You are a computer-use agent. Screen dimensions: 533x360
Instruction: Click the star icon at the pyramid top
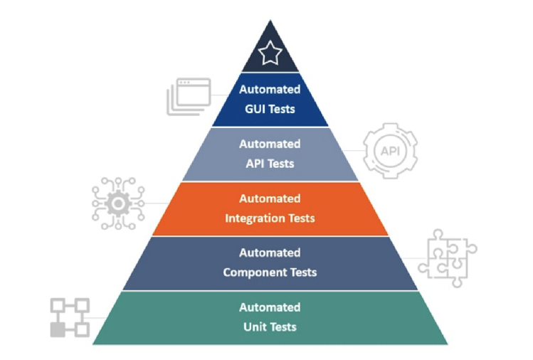(x=270, y=53)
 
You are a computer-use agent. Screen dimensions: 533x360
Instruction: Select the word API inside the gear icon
(x=390, y=151)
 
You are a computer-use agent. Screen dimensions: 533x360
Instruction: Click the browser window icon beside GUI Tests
(x=189, y=97)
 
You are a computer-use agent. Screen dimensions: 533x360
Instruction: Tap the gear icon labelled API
(x=390, y=151)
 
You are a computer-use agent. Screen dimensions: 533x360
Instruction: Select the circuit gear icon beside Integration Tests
(x=118, y=203)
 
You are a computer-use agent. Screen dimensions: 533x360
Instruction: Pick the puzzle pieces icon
(x=448, y=258)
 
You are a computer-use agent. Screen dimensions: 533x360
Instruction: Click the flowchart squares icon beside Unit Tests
(x=70, y=317)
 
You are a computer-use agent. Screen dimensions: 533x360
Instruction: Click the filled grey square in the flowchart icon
(x=58, y=329)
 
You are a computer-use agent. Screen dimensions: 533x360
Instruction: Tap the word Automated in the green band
(x=270, y=307)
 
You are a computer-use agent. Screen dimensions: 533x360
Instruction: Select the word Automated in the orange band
(x=270, y=198)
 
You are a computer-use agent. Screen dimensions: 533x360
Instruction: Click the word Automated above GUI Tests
(x=270, y=90)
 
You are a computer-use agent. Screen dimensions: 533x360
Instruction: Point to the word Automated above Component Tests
(x=270, y=253)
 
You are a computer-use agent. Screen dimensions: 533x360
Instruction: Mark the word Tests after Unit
(x=281, y=327)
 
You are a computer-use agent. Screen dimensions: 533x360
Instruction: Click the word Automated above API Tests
(x=270, y=144)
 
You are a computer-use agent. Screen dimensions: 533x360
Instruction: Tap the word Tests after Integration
(x=302, y=218)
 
